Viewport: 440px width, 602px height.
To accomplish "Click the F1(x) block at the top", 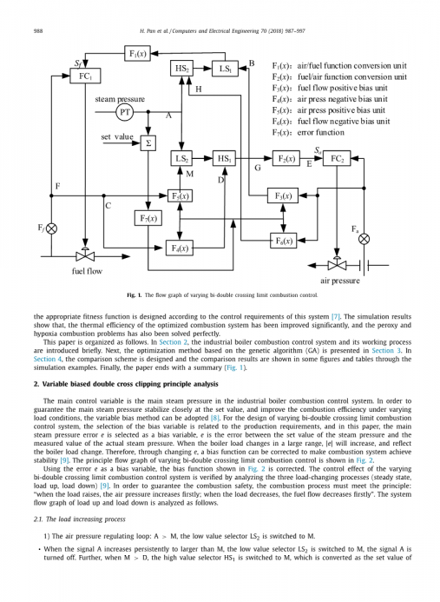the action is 137,53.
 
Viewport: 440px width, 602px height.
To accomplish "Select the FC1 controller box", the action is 85,76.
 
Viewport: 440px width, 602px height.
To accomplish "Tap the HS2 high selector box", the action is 181,69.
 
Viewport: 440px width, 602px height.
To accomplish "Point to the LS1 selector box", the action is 225,69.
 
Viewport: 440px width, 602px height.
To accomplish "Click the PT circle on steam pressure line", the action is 124,112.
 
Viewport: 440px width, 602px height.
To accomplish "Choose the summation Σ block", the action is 148,143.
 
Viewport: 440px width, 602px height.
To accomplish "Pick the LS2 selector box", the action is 181,158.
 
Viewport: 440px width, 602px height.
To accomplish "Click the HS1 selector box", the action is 224,158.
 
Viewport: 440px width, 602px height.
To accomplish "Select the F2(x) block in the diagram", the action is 286,158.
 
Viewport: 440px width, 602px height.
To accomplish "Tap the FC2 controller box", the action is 337,158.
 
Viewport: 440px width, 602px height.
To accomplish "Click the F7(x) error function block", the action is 148,218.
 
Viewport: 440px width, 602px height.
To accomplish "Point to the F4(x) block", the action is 180,248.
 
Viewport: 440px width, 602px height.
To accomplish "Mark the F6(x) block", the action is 284,241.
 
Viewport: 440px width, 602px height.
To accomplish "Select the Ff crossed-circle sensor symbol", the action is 51,228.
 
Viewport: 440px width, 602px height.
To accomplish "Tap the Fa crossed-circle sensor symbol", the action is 364,239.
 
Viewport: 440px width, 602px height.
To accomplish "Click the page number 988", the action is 38,31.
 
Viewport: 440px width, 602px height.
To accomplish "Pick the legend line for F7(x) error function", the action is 308,132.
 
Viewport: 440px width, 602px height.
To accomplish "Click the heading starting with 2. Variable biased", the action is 126,384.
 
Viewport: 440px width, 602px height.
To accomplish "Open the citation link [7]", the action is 336,317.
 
